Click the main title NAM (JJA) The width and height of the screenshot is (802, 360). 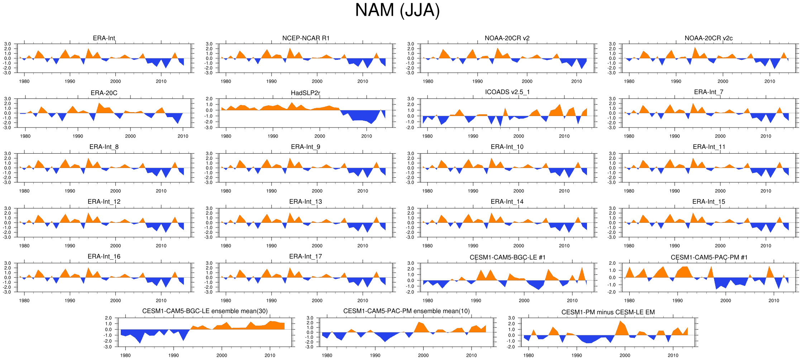click(397, 10)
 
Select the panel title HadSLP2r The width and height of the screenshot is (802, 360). click(305, 93)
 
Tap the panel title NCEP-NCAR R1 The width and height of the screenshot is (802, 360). click(306, 38)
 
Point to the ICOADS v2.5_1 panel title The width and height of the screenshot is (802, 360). click(507, 92)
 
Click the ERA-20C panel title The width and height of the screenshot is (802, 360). click(104, 93)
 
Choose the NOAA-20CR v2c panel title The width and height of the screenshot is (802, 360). click(708, 38)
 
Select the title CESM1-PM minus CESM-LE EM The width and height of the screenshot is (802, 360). click(608, 312)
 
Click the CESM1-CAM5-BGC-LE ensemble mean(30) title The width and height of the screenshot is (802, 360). click(205, 311)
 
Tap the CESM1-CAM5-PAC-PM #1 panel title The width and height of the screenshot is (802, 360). click(709, 258)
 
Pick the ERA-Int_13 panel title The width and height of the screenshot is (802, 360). click(305, 202)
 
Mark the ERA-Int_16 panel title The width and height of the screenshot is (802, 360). click(104, 256)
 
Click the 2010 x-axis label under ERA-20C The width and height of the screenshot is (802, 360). click(183, 136)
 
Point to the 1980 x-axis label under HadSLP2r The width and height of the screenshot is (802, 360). click(226, 136)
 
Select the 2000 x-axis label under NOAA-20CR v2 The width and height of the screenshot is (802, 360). click(527, 81)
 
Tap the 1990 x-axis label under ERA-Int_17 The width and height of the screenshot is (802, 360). click(271, 301)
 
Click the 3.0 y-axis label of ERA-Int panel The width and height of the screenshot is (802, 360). click(8, 44)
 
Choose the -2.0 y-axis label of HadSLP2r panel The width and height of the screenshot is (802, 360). click(209, 122)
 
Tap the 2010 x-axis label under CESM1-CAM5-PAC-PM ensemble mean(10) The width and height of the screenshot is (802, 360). click(471, 355)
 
